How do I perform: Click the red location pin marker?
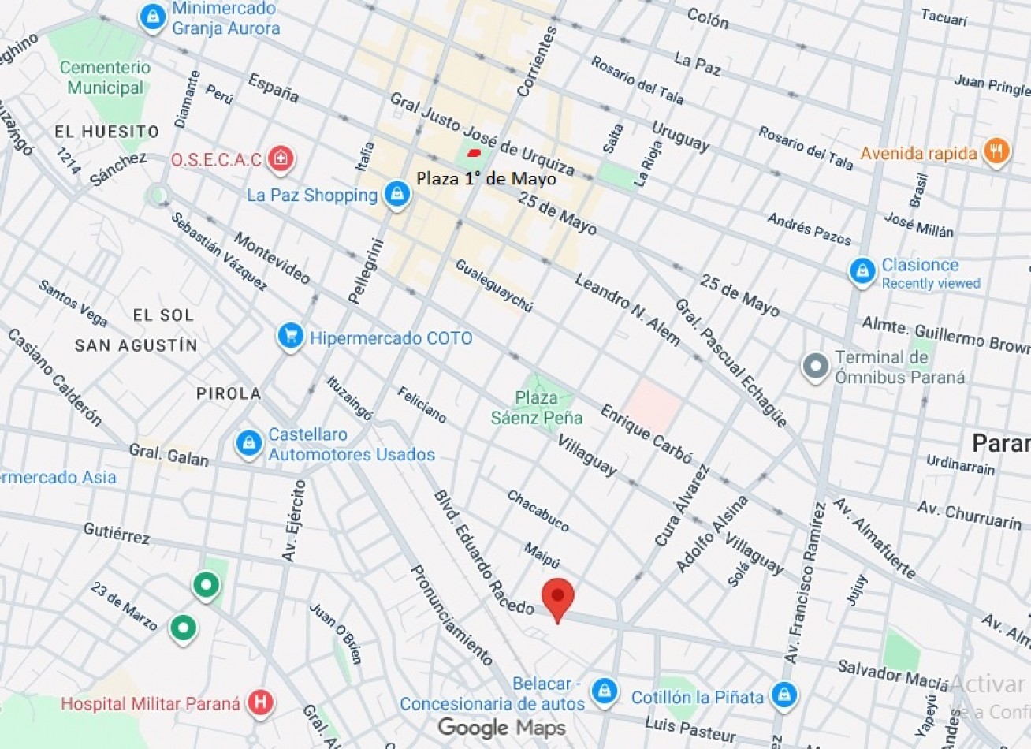pyautogui.click(x=558, y=598)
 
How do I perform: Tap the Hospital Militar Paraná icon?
pyautogui.click(x=260, y=702)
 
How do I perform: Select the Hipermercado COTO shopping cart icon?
pyautogui.click(x=291, y=337)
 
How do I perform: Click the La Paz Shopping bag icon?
pyautogui.click(x=396, y=195)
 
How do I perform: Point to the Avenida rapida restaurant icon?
pyautogui.click(x=996, y=152)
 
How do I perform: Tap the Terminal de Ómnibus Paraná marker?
pyautogui.click(x=816, y=367)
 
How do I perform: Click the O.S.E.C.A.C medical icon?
pyautogui.click(x=279, y=159)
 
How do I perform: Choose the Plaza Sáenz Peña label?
pyautogui.click(x=537, y=408)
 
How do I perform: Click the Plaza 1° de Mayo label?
pyautogui.click(x=486, y=179)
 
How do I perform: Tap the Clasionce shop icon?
pyautogui.click(x=862, y=271)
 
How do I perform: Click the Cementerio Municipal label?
pyautogui.click(x=105, y=77)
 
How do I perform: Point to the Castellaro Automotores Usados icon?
pyautogui.click(x=249, y=444)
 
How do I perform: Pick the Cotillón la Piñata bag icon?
pyautogui.click(x=783, y=695)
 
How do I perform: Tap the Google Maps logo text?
pyautogui.click(x=501, y=727)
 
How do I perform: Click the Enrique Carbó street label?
pyautogui.click(x=646, y=434)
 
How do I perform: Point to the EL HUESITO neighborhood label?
pyautogui.click(x=106, y=132)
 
